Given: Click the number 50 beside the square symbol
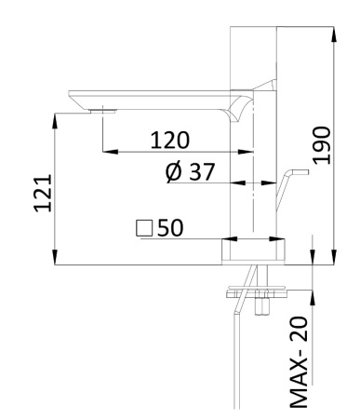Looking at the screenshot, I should pyautogui.click(x=169, y=227).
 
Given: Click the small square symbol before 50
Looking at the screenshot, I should pyautogui.click(x=142, y=227).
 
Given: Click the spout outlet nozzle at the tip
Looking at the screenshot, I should pyautogui.click(x=100, y=110).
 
